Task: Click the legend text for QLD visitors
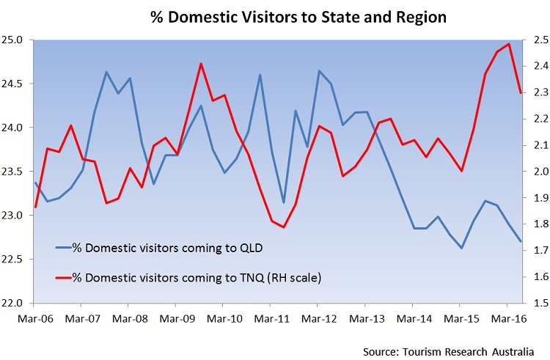tap(174, 227)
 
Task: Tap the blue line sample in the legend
tap(69, 227)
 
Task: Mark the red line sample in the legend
tap(69, 257)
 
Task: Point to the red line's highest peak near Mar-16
tap(508, 44)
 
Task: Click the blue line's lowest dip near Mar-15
tap(461, 248)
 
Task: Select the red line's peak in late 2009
tap(201, 64)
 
